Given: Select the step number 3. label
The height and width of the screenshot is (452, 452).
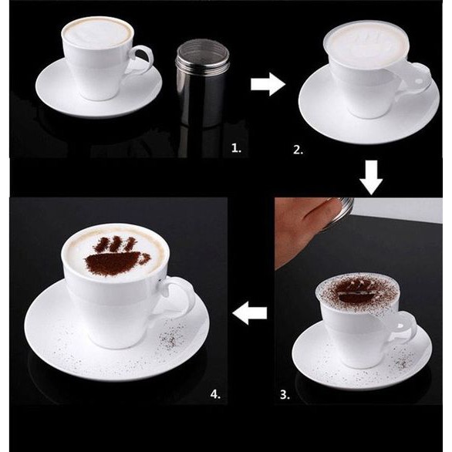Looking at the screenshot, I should tap(285, 395).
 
